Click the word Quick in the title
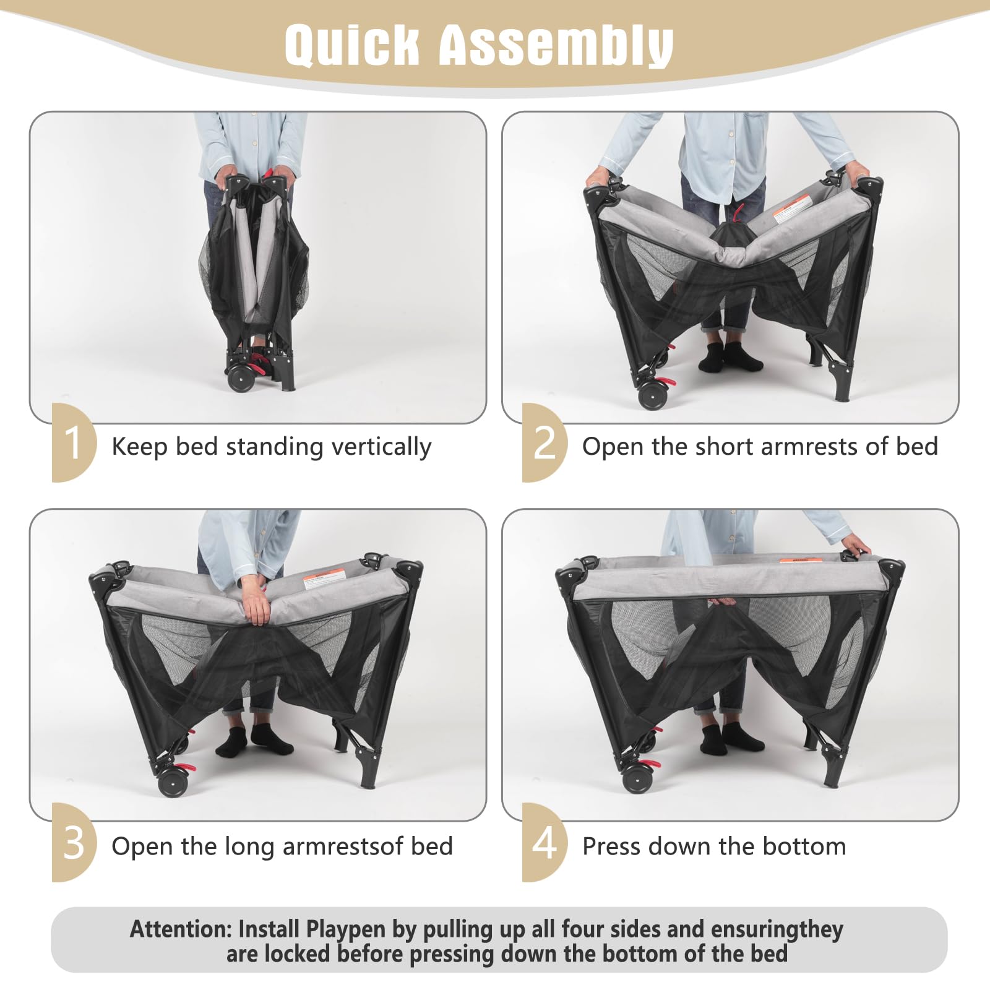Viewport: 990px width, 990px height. click(351, 45)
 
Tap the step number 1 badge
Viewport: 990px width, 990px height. click(74, 442)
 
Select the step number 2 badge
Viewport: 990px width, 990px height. click(544, 442)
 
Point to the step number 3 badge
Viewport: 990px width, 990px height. click(74, 842)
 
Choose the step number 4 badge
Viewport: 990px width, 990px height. click(544, 842)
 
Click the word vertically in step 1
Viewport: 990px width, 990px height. click(381, 447)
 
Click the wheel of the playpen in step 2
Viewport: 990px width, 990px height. click(652, 394)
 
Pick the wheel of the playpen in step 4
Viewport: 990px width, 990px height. click(637, 778)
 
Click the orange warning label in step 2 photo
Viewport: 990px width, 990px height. click(792, 207)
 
